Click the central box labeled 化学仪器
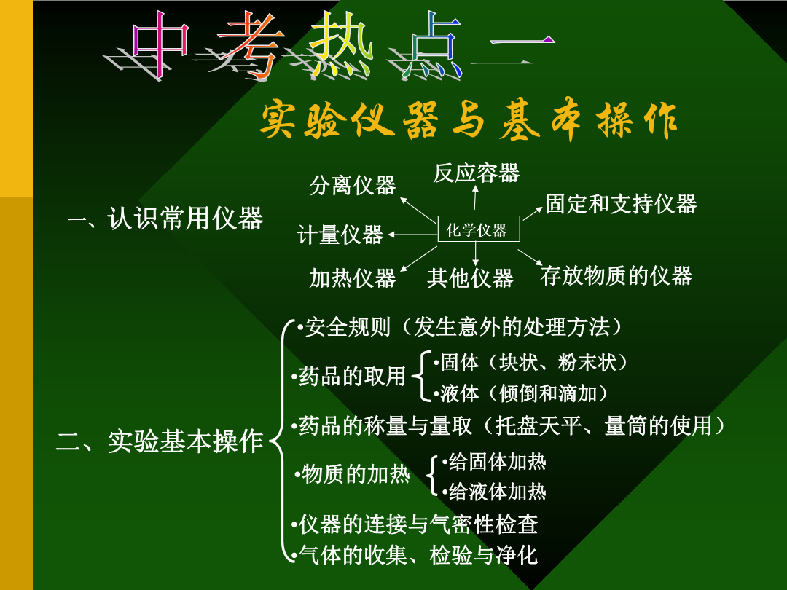tap(478, 229)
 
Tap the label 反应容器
tap(476, 173)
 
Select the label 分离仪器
tap(353, 185)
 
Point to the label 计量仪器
tap(340, 235)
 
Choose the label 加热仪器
tap(353, 278)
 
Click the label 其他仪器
tap(470, 278)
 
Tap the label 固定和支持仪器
tap(621, 204)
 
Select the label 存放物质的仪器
tap(616, 276)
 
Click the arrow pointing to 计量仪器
tap(412, 235)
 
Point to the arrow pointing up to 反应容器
tap(475, 197)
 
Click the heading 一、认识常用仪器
tap(165, 219)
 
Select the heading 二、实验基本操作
tap(160, 441)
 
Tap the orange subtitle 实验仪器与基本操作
tap(469, 119)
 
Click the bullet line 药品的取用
tap(348, 376)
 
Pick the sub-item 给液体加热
tap(494, 492)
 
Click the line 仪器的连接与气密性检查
tap(415, 524)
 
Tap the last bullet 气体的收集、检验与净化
tap(415, 555)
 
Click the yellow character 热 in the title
tap(341, 45)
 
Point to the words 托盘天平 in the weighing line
tap(539, 425)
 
